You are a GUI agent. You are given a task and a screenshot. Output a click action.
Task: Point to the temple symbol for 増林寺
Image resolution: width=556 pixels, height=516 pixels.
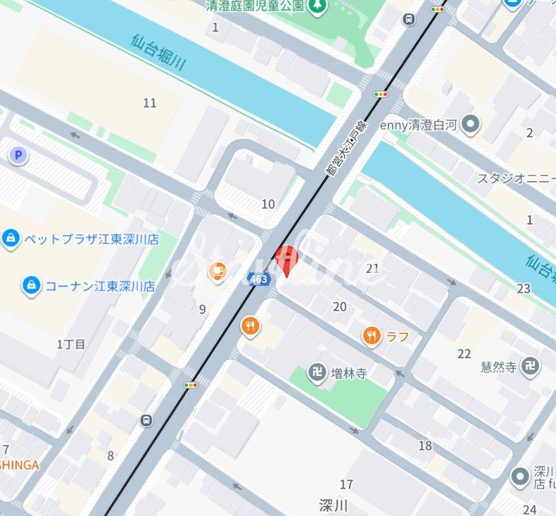[318, 372]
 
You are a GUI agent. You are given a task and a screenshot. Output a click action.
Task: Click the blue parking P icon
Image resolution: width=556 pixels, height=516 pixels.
[18, 156]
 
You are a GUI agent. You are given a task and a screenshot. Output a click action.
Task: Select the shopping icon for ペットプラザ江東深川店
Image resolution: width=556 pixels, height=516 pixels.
[11, 239]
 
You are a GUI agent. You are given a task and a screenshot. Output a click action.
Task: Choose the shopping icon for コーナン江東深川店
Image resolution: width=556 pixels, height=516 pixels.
[32, 286]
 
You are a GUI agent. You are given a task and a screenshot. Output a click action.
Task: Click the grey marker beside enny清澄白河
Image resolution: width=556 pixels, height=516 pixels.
[471, 125]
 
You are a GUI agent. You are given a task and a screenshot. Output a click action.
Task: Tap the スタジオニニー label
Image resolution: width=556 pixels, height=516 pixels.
[516, 178]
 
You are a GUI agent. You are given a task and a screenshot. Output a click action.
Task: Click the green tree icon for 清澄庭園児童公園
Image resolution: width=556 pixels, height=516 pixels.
[318, 6]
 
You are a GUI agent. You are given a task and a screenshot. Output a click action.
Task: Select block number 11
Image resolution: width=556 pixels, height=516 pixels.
[150, 103]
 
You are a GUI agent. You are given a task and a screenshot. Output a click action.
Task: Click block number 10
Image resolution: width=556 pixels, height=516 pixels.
[268, 204]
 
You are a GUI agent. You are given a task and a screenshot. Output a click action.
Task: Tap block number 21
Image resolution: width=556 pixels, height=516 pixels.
[373, 268]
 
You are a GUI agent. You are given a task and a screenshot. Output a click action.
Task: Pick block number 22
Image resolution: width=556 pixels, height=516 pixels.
[464, 353]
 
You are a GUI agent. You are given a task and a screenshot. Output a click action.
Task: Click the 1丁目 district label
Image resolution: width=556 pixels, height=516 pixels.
[71, 344]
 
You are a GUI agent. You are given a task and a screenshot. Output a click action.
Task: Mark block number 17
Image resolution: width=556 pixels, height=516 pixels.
[346, 484]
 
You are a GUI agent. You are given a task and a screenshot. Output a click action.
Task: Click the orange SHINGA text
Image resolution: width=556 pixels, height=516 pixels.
[20, 465]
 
